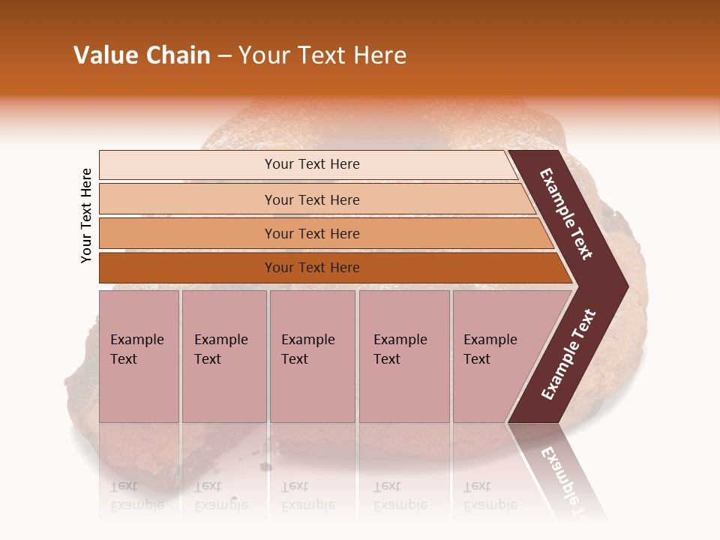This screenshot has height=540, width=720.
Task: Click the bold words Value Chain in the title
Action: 142,55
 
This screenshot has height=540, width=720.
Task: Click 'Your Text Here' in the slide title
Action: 322,55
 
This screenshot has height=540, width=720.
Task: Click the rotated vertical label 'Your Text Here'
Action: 86,215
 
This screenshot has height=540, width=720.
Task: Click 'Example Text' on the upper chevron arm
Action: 566,214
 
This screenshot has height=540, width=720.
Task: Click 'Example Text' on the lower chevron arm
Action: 568,355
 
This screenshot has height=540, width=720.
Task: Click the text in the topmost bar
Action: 312,164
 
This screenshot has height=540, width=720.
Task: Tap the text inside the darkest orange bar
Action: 312,268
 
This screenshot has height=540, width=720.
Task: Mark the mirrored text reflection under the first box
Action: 136,496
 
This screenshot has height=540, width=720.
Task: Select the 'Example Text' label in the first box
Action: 136,349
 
